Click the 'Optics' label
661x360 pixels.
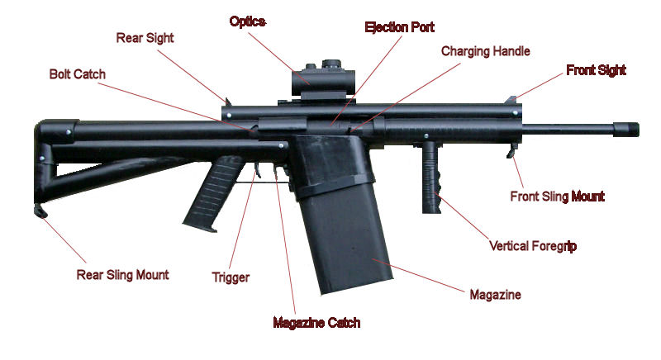tap(247, 21)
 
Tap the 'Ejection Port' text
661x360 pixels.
tap(400, 26)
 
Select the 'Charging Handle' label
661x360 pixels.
tap(485, 51)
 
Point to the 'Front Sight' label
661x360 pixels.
tap(596, 70)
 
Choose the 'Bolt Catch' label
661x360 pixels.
tap(78, 73)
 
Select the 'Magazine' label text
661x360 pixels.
tap(495, 294)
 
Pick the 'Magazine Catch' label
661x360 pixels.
tap(316, 322)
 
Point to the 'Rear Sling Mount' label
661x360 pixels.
tap(122, 274)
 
